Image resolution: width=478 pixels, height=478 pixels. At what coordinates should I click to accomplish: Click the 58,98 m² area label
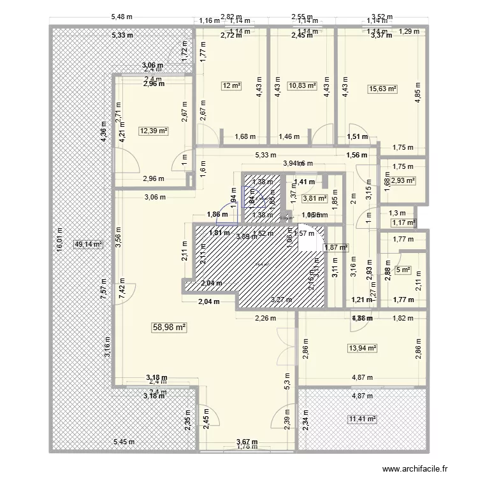pyautogui.click(x=168, y=327)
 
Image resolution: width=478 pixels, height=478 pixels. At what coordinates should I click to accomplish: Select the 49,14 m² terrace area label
pyautogui.click(x=88, y=243)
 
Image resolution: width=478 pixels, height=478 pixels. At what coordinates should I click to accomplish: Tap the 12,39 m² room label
pyautogui.click(x=153, y=131)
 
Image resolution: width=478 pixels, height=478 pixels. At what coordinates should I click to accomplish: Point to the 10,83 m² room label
pyautogui.click(x=302, y=85)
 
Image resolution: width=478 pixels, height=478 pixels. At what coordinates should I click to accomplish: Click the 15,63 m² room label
pyautogui.click(x=382, y=90)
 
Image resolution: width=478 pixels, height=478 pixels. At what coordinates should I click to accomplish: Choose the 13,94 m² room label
pyautogui.click(x=362, y=348)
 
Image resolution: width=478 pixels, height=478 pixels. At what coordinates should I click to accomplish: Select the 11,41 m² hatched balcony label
pyautogui.click(x=362, y=419)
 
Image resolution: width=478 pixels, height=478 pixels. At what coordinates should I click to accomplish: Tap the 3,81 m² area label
pyautogui.click(x=314, y=198)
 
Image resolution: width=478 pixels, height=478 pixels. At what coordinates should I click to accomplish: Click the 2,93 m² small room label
pyautogui.click(x=403, y=181)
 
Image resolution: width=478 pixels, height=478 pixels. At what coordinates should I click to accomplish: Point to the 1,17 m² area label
pyautogui.click(x=403, y=222)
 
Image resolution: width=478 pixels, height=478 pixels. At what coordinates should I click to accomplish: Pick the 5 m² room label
pyautogui.click(x=403, y=270)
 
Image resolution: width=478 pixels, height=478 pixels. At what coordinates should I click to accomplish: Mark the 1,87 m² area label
pyautogui.click(x=336, y=247)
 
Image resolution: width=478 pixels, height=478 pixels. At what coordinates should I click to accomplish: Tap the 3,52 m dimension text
pyautogui.click(x=382, y=18)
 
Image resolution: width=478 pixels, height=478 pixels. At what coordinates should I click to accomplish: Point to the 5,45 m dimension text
pyautogui.click(x=124, y=442)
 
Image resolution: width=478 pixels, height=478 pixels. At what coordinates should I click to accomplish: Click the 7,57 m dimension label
pyautogui.click(x=103, y=282)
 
